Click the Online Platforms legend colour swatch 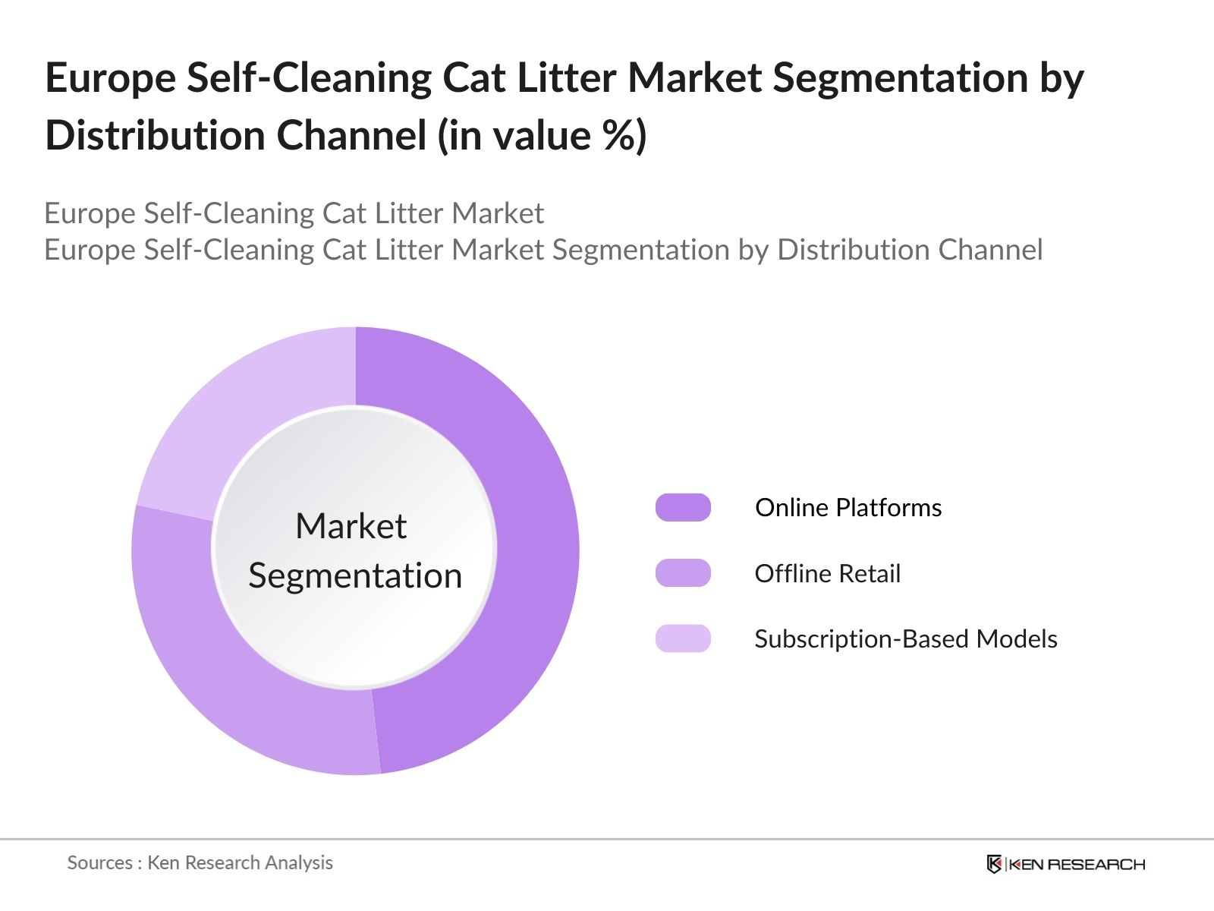click(x=683, y=507)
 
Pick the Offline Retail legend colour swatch click(x=683, y=573)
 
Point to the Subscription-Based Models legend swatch click(x=683, y=638)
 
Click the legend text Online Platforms click(x=848, y=507)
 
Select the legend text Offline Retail click(x=827, y=573)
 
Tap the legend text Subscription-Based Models click(x=905, y=638)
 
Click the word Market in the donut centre click(x=351, y=526)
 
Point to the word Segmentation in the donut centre click(x=355, y=575)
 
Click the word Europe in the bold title click(x=110, y=78)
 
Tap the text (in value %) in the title click(x=542, y=136)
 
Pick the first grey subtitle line click(x=294, y=213)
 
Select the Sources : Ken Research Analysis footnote click(x=200, y=862)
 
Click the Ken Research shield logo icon click(x=994, y=864)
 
